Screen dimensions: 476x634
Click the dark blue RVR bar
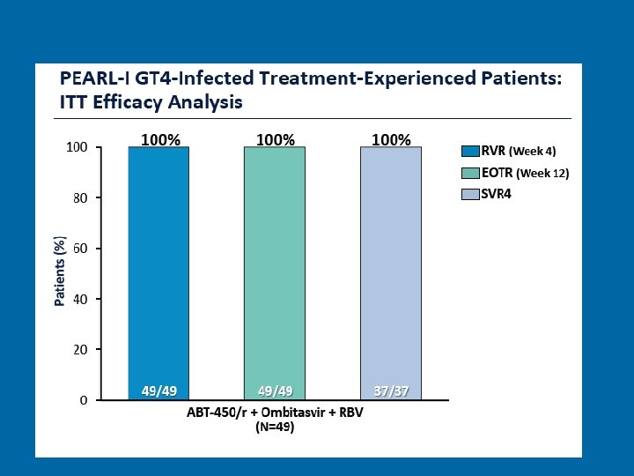[x=158, y=264]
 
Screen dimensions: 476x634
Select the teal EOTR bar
[x=274, y=264]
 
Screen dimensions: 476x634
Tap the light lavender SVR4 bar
[x=390, y=264]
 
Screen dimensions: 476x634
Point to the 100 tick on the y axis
[x=77, y=147]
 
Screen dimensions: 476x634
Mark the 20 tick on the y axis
[x=80, y=350]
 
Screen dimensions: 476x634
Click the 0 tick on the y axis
[x=83, y=400]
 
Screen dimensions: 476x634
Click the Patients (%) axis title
[x=60, y=271]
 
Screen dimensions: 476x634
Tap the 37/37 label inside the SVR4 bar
[x=390, y=390]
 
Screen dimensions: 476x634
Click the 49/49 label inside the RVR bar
[x=158, y=390]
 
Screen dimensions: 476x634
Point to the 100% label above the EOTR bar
[x=275, y=139]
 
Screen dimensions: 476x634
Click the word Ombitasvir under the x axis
[x=272, y=413]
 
